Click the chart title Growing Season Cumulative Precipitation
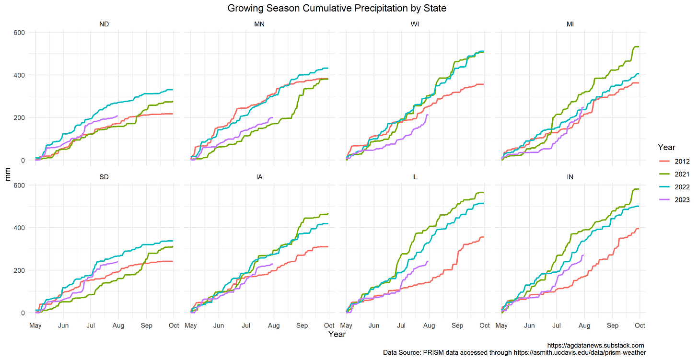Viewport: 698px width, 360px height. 337,8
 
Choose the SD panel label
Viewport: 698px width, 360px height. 104,176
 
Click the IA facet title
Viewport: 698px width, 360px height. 259,176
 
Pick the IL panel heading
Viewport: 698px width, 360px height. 415,176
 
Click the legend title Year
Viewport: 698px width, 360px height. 667,147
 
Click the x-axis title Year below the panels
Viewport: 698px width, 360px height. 337,334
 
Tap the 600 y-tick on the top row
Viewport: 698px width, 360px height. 22,33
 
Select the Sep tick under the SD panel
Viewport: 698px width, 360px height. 146,325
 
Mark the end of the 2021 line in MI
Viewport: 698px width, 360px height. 639,46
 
